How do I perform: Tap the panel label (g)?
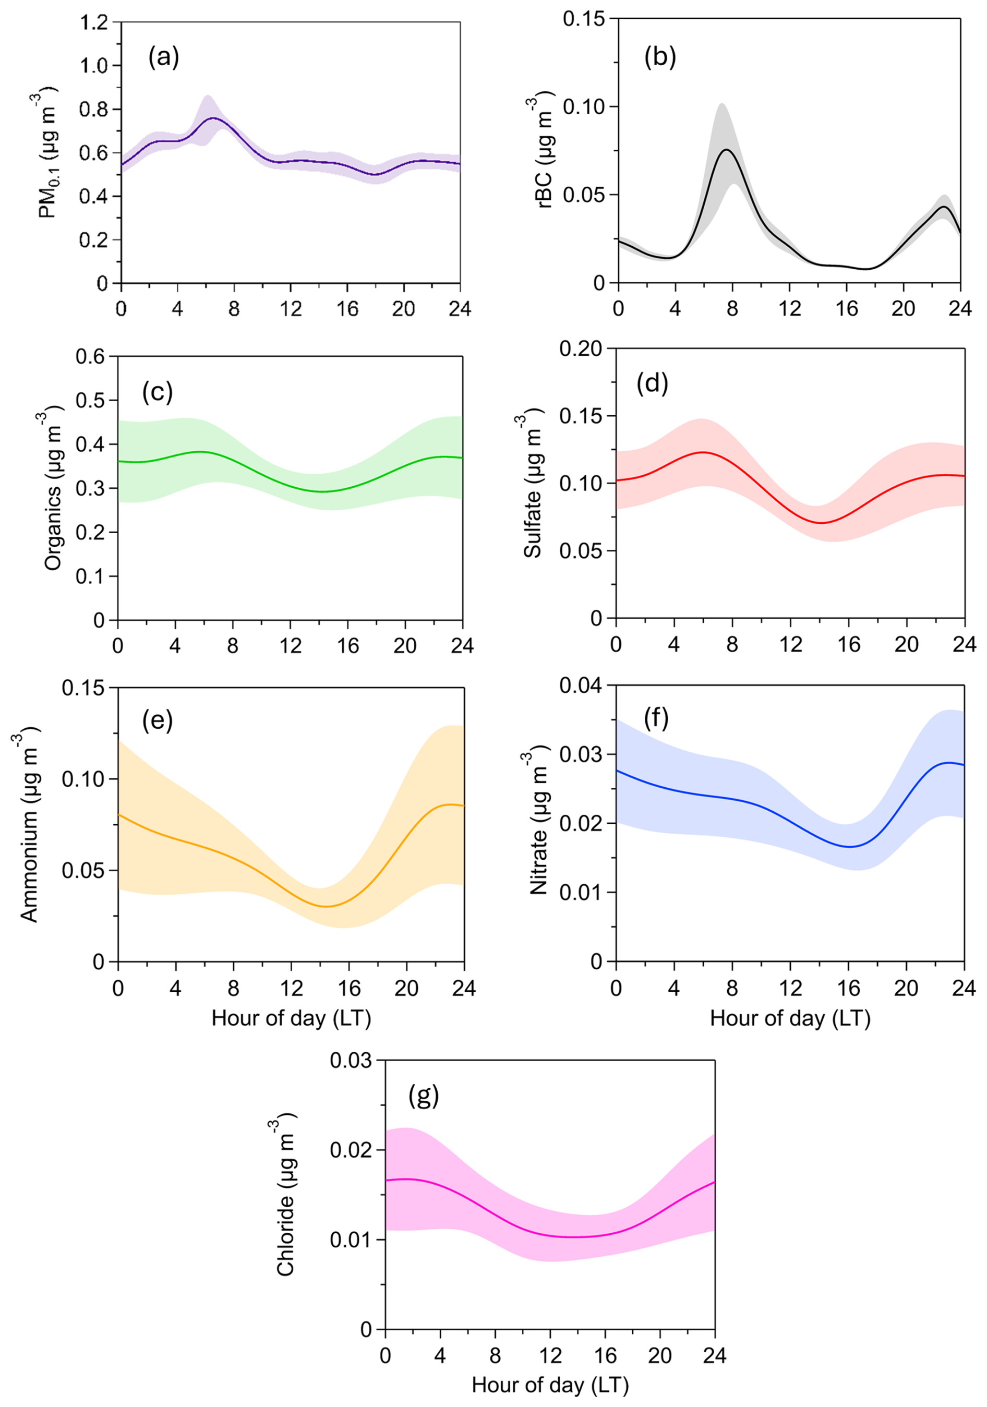(424, 1096)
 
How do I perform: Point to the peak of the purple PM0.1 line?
(213, 118)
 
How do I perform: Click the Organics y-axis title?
(53, 488)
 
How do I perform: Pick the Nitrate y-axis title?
(538, 822)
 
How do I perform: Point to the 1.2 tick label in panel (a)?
(94, 22)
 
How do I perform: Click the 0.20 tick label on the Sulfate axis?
(581, 348)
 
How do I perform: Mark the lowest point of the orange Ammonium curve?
(327, 906)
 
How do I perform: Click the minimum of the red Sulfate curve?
(821, 523)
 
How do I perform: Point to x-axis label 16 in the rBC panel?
(847, 308)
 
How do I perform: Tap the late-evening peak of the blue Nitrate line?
(949, 762)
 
